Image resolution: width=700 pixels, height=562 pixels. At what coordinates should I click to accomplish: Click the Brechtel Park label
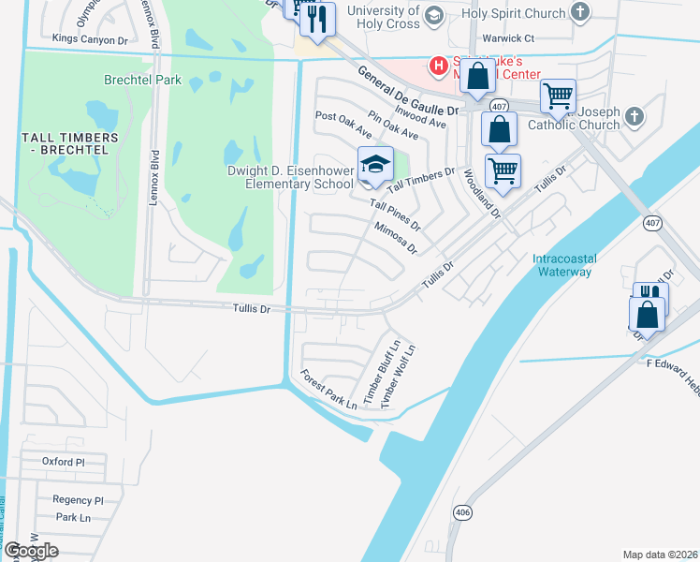point(143,81)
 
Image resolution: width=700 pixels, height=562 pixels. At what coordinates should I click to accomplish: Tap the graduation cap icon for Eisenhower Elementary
point(375,164)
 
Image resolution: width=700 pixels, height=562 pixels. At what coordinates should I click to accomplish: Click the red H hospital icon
point(436,65)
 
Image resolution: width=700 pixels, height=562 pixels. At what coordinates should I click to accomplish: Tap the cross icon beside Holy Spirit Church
point(581,13)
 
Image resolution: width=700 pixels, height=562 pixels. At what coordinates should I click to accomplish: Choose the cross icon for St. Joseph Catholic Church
point(634,116)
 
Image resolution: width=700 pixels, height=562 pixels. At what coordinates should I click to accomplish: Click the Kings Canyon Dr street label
point(90,38)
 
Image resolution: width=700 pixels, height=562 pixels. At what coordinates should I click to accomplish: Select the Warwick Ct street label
point(507,38)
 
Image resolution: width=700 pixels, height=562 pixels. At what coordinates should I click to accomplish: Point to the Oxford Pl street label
point(64,462)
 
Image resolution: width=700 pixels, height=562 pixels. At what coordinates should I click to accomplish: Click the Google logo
point(31,551)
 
